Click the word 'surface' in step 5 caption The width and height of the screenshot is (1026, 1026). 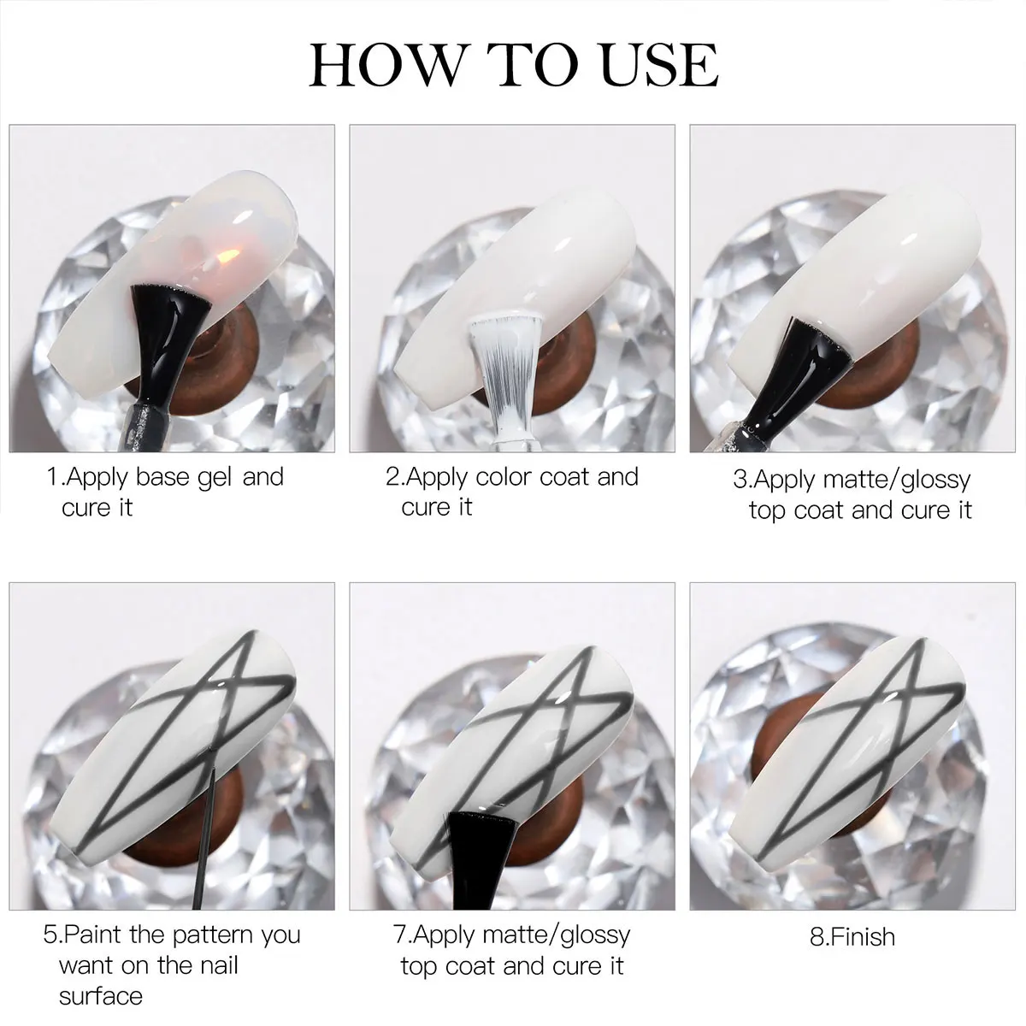click(101, 996)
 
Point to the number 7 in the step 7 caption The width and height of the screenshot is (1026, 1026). click(399, 935)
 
